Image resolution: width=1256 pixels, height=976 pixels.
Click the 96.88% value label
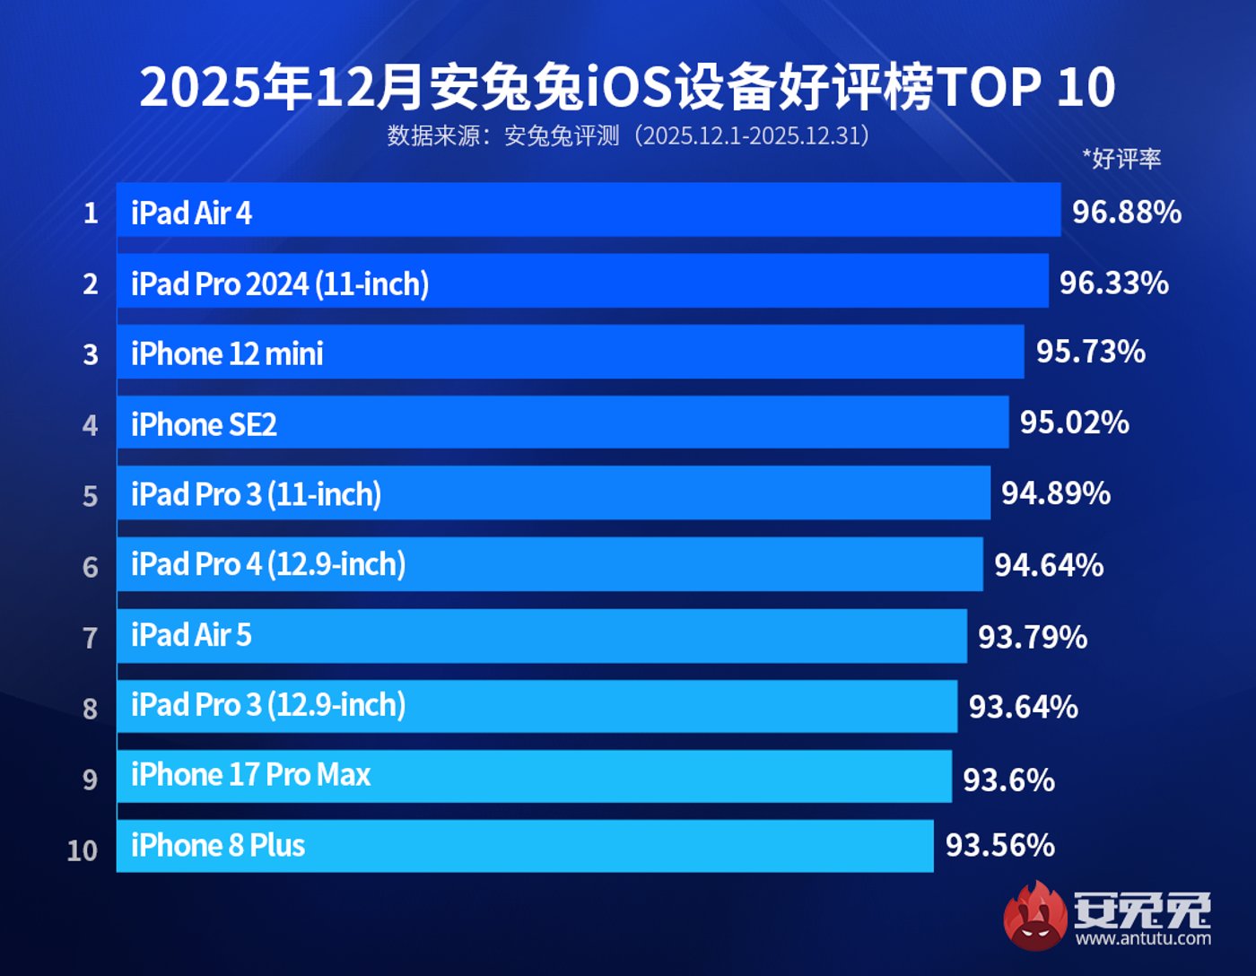(1127, 212)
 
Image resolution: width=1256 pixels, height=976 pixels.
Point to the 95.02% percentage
(1074, 423)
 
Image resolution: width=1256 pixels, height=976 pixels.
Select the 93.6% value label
(1008, 780)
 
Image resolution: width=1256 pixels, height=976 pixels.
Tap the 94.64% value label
(1049, 565)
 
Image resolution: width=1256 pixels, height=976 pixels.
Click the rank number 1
(91, 213)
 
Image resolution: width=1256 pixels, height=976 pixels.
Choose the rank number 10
(83, 850)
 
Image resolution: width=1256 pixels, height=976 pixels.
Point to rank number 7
(90, 638)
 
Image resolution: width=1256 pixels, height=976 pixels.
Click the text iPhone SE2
(204, 424)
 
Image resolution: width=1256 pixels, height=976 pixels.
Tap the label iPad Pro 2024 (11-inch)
(280, 283)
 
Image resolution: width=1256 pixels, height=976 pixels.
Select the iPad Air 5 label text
(191, 635)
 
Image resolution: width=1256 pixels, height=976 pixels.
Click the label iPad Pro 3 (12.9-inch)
(268, 705)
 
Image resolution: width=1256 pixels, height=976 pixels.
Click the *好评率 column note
(1121, 159)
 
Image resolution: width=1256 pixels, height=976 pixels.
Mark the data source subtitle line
(628, 135)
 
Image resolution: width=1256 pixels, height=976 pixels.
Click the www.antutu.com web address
(1143, 938)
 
